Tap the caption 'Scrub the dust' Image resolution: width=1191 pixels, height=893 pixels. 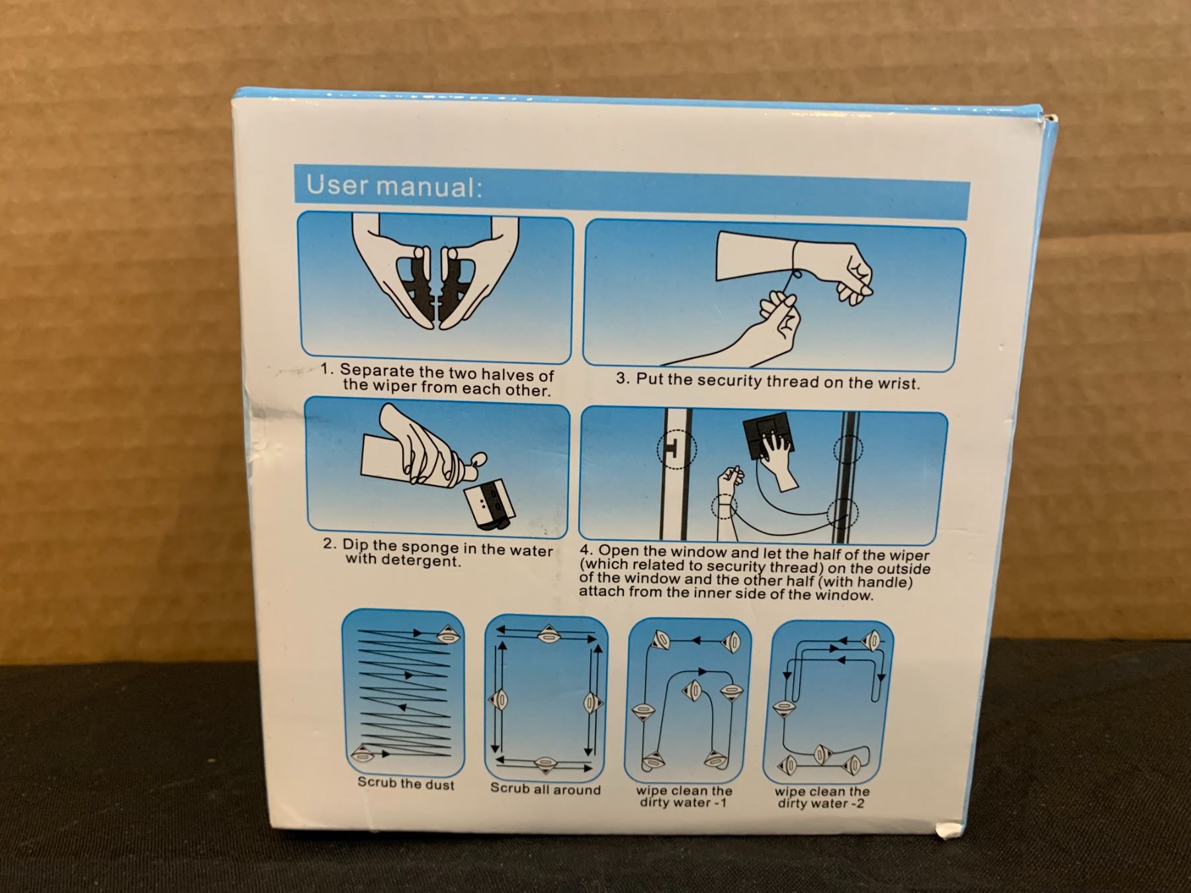pyautogui.click(x=406, y=784)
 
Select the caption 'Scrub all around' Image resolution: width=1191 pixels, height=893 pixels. pyautogui.click(x=545, y=788)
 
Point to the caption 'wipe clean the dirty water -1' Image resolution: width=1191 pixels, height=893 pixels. pyautogui.click(x=684, y=796)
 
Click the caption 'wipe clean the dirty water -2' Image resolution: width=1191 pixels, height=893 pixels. pyautogui.click(x=822, y=798)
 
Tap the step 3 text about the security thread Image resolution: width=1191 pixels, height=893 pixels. pyautogui.click(x=768, y=381)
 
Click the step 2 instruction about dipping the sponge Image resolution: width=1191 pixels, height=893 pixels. pyautogui.click(x=438, y=554)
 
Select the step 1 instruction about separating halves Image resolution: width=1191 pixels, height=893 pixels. pyautogui.click(x=438, y=380)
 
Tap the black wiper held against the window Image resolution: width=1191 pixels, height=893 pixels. pyautogui.click(x=768, y=441)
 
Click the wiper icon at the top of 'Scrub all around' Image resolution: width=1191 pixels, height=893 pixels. pyautogui.click(x=547, y=634)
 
